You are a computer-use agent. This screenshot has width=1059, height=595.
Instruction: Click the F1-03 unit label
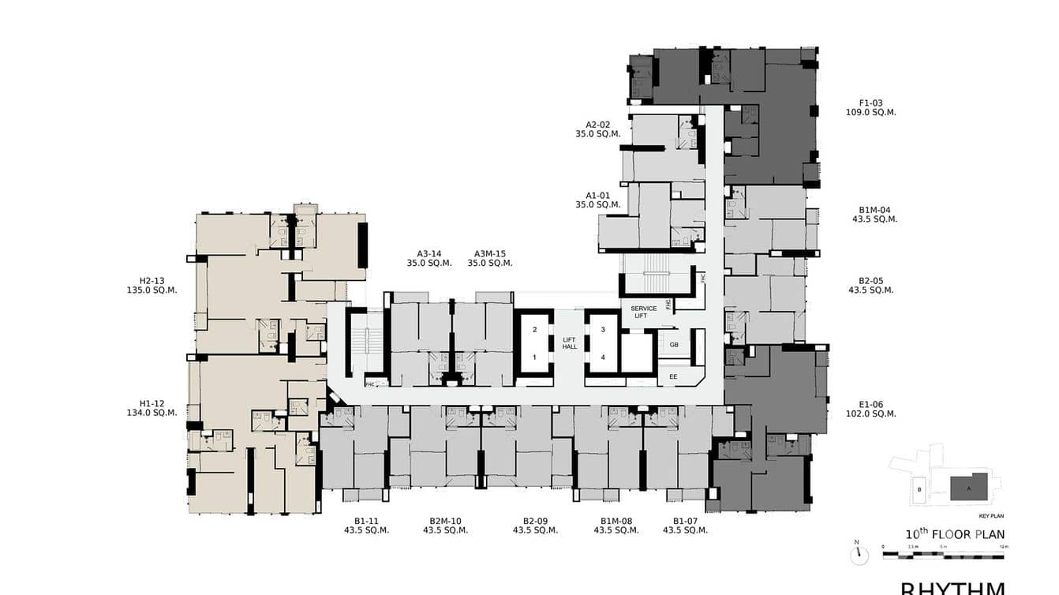point(870,103)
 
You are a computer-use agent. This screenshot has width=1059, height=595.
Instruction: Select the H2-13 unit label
point(152,280)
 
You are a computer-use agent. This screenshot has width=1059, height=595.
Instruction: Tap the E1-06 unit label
point(870,404)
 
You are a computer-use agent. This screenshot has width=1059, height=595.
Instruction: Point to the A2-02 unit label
point(597,125)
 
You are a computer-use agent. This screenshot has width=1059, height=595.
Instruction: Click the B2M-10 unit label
point(445,521)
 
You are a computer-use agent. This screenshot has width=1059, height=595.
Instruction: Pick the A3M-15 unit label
point(490,253)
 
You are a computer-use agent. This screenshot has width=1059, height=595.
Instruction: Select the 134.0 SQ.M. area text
point(152,413)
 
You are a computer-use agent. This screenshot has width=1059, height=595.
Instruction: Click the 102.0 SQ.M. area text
point(870,414)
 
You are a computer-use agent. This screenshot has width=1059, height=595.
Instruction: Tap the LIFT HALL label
point(569,343)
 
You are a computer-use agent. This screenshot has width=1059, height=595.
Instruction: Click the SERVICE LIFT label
point(643,312)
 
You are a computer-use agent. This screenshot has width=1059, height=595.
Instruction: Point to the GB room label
point(673,345)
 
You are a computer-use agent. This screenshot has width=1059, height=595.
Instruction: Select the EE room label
point(672,377)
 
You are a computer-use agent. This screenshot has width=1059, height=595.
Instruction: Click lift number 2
point(534,329)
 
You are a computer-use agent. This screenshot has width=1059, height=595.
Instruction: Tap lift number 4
point(603,357)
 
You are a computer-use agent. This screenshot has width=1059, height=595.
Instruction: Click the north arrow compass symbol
point(859,555)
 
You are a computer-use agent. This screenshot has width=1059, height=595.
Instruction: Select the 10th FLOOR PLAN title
point(955,534)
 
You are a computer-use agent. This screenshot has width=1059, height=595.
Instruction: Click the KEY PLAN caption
point(990,515)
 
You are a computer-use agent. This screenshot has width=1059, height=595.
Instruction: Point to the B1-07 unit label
point(683,521)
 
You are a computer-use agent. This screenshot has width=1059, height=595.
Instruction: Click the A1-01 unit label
point(597,196)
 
